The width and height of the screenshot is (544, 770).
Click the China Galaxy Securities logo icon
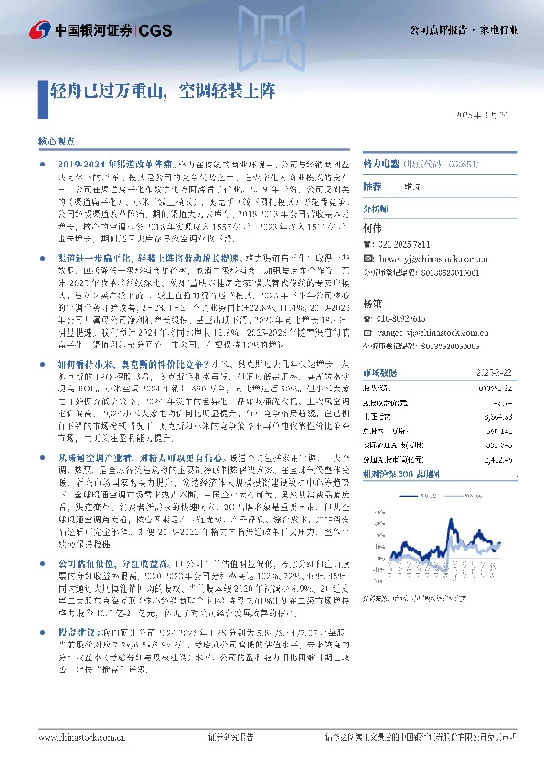39,29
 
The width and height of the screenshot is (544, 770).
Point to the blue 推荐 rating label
372,186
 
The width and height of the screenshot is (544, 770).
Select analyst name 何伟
372,226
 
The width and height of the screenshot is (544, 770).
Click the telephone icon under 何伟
368,245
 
